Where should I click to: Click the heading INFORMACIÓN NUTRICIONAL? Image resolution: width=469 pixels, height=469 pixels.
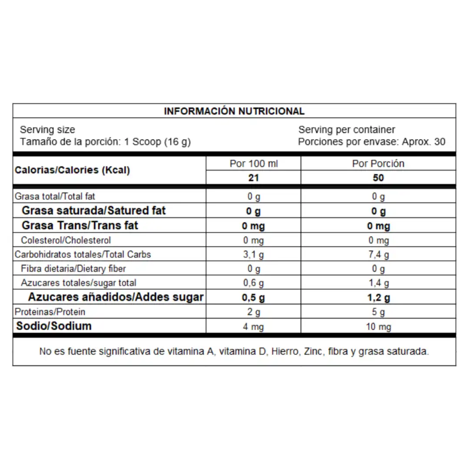tap(234, 111)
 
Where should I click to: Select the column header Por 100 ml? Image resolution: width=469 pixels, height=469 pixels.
tap(254, 164)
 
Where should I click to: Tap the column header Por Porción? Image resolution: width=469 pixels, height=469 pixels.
tap(378, 164)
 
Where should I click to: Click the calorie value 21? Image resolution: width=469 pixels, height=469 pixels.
tap(254, 178)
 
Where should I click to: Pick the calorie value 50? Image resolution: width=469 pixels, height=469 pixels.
tap(378, 178)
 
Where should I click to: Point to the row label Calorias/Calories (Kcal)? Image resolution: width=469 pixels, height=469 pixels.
tap(73, 170)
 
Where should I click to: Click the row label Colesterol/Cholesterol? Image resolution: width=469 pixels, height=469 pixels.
tap(66, 240)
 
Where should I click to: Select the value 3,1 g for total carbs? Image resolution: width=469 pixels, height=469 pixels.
tap(254, 254)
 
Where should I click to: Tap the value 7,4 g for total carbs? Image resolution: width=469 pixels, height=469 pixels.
tap(378, 254)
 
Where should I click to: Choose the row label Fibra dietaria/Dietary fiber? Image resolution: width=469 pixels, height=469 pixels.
tap(73, 269)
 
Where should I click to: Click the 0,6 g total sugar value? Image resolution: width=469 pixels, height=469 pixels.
tap(254, 283)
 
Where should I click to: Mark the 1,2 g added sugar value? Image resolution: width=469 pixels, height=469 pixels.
tap(378, 298)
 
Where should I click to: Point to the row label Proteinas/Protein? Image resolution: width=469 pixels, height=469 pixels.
tap(50, 312)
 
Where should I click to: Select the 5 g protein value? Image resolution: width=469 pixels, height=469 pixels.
tap(378, 312)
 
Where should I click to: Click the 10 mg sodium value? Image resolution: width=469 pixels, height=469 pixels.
tap(378, 327)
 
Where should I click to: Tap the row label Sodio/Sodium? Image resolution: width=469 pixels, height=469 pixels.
tap(54, 326)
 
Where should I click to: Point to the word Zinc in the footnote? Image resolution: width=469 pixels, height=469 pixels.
tap(313, 352)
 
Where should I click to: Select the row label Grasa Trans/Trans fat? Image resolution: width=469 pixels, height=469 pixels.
tap(80, 225)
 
